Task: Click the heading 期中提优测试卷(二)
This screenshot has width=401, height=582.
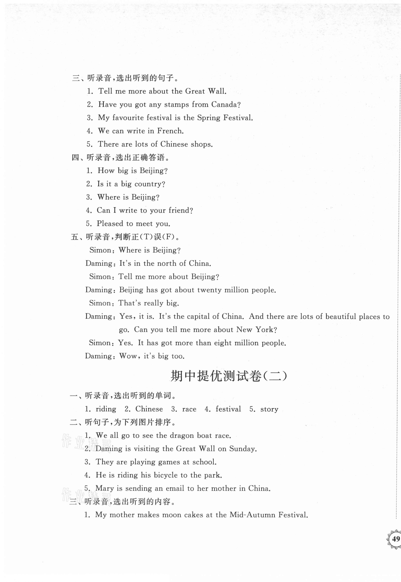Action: click(x=228, y=376)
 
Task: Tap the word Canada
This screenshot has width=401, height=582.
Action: click(x=224, y=104)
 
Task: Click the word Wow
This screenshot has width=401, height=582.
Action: click(x=128, y=356)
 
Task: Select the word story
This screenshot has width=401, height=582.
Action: click(x=269, y=409)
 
